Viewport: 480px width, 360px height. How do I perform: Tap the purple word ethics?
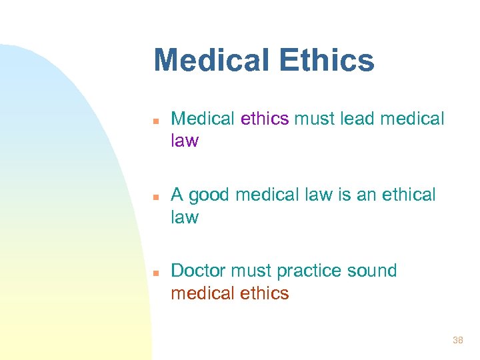point(265,119)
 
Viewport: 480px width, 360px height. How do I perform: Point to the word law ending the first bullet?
point(185,141)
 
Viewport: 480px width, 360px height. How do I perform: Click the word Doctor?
point(198,271)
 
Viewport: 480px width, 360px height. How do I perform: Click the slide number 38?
point(457,340)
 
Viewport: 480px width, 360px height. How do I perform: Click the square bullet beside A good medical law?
point(154,197)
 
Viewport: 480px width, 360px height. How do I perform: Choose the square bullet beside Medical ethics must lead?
point(154,121)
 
